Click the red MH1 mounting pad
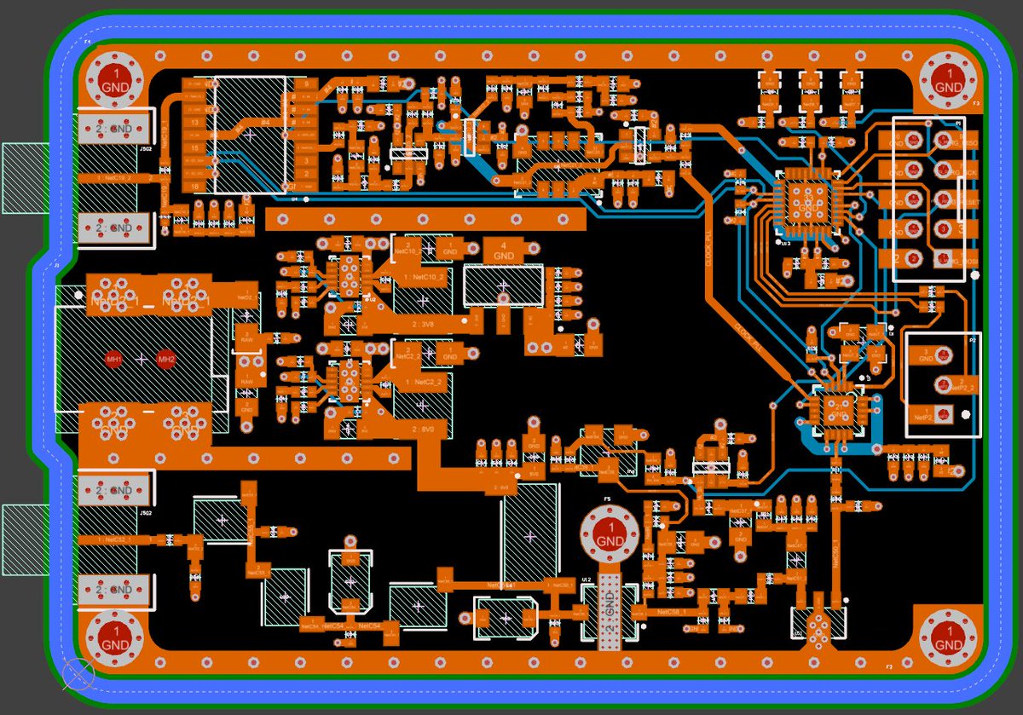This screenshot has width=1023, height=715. tap(113, 360)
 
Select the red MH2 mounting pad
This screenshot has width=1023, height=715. tap(165, 360)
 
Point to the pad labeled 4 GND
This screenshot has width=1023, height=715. tap(504, 251)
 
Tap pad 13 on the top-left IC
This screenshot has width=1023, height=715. tap(195, 123)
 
